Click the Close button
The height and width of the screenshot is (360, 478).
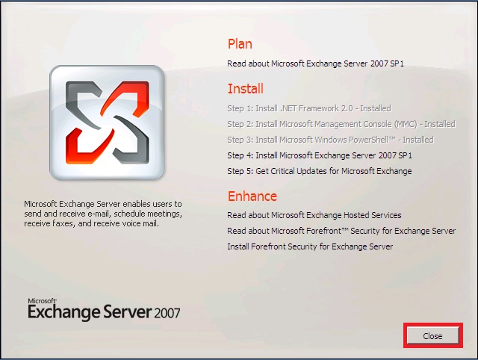click(x=433, y=335)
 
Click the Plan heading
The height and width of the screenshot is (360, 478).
click(x=240, y=44)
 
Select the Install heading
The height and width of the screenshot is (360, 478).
click(x=246, y=89)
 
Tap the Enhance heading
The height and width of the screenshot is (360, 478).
click(x=252, y=196)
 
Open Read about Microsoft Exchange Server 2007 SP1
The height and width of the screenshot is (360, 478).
click(x=315, y=63)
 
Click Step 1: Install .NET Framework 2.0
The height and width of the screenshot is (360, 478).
click(x=309, y=108)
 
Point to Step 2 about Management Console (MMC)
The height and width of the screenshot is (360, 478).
click(x=341, y=124)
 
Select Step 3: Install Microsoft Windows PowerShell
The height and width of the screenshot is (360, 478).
click(x=330, y=140)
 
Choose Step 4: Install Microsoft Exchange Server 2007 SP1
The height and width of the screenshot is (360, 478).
click(x=320, y=155)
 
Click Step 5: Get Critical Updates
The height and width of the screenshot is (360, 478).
click(x=320, y=171)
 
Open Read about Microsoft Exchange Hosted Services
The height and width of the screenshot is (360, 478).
click(x=314, y=215)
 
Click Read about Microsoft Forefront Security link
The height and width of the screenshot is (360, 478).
click(x=341, y=231)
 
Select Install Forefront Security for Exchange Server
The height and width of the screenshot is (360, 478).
click(x=310, y=246)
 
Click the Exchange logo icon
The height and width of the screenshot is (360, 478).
click(x=107, y=122)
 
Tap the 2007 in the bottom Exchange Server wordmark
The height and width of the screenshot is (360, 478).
click(x=167, y=314)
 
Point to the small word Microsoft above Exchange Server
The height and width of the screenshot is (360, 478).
click(x=42, y=301)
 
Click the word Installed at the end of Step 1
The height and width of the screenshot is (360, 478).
click(x=376, y=108)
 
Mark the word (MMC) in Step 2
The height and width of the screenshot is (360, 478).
click(x=406, y=125)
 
